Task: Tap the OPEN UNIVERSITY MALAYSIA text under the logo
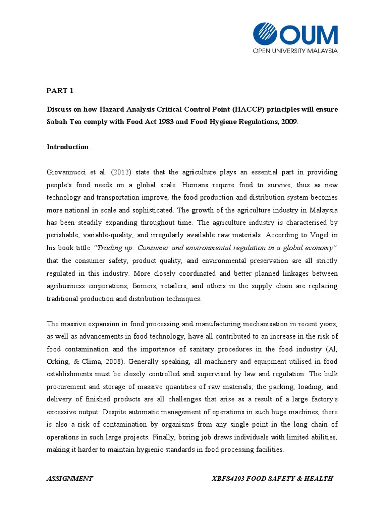tap(295, 50)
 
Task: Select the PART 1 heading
tap(60, 91)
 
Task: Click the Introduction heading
tap(68, 147)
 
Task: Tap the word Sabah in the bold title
tap(58, 122)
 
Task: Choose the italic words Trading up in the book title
tap(112, 248)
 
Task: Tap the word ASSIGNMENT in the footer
tap(69, 479)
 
